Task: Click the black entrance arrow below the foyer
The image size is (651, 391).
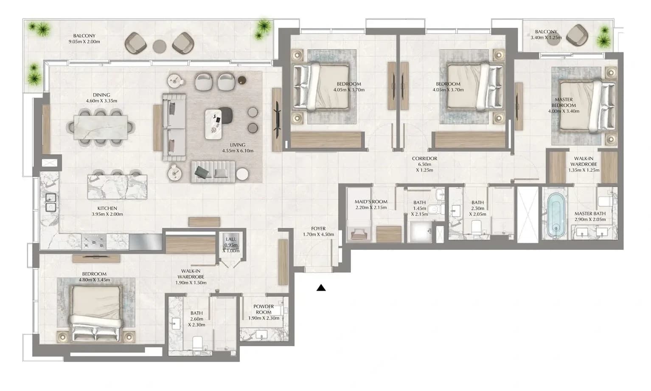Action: (321, 288)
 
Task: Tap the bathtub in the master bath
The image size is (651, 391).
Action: (556, 215)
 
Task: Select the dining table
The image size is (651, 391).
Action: (101, 127)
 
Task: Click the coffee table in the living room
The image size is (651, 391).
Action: (213, 125)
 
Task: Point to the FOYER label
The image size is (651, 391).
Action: (318, 229)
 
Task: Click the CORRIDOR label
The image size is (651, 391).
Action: (425, 159)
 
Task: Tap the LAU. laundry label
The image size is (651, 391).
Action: (231, 239)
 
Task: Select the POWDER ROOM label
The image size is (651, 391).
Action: (264, 309)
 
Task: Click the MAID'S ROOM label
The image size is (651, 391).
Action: (371, 201)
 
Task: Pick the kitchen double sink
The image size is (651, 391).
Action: (51, 203)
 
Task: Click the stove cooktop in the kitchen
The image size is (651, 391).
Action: (94, 242)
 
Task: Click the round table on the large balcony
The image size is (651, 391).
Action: (160, 46)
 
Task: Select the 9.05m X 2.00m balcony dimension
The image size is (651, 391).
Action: (84, 42)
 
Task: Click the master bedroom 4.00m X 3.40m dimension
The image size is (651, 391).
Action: (564, 111)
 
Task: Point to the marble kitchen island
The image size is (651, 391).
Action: (118, 187)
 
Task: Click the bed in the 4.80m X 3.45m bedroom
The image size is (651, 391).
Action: (96, 313)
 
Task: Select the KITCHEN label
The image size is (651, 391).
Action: (107, 208)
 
